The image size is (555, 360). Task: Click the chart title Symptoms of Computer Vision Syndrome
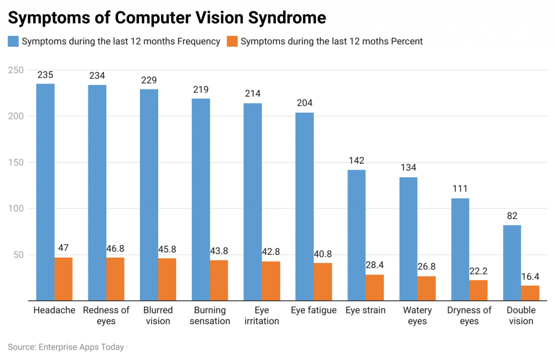(x=167, y=18)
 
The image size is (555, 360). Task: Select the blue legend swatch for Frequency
(x=14, y=41)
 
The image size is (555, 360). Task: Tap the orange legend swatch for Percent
(x=232, y=41)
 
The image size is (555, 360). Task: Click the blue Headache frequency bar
(x=46, y=192)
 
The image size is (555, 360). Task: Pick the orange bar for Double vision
(x=530, y=293)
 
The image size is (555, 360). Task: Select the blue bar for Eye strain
(x=357, y=235)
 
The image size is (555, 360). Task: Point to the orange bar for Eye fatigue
(x=322, y=281)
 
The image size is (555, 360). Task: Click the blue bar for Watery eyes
(x=409, y=239)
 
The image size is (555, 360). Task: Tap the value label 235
(x=46, y=75)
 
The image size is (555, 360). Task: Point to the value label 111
(x=460, y=189)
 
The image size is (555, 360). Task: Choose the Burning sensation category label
(x=210, y=316)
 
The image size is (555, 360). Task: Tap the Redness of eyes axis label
(x=106, y=316)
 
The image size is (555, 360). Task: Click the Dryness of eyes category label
(x=469, y=316)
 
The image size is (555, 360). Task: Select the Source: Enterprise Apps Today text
(x=66, y=346)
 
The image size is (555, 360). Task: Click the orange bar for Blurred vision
(x=167, y=279)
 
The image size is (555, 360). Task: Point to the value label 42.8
(x=271, y=252)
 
